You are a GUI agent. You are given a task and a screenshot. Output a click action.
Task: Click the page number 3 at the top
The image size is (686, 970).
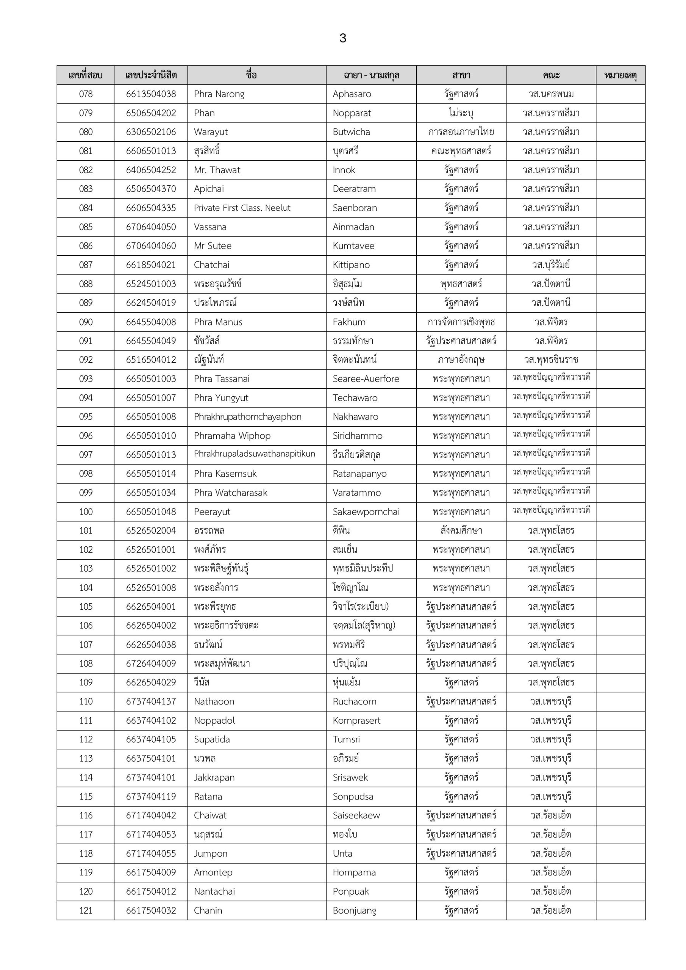pos(342,38)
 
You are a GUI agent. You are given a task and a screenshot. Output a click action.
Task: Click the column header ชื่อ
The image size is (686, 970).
pos(252,75)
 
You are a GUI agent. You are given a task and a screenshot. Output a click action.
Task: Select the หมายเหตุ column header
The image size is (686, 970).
pos(620,75)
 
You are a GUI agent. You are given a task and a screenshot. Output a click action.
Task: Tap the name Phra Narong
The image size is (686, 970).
pos(219,94)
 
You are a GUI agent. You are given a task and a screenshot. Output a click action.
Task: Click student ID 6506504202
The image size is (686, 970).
pos(151,113)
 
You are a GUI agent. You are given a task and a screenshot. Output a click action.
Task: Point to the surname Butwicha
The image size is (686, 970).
pos(351,132)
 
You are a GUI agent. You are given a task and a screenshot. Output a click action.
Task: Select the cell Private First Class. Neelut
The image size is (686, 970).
pos(242,208)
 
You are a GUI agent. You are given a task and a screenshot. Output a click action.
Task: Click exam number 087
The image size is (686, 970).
pos(86,265)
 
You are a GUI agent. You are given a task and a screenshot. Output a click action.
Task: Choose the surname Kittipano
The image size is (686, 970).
pos(351,265)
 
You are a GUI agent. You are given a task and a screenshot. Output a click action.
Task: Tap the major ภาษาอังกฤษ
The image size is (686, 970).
pos(461,360)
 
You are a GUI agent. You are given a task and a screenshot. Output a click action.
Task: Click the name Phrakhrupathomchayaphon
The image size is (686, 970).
pos(247,416)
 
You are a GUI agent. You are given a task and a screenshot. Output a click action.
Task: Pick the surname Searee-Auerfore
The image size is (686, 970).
pos(366,379)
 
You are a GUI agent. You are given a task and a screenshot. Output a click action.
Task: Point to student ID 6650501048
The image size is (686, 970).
pos(151,512)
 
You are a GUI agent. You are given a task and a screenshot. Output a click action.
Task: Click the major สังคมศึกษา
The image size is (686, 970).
pos(461,530)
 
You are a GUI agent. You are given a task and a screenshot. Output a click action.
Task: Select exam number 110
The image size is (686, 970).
pos(86,701)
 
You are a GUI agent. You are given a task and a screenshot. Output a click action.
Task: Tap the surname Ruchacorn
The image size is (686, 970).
pos(355,701)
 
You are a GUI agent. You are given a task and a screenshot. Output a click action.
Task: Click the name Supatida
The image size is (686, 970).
pos(212,739)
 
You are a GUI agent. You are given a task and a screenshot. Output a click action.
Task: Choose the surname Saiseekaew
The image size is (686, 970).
pos(356,815)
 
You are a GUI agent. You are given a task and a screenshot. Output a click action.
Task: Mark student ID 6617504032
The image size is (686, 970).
pos(151,911)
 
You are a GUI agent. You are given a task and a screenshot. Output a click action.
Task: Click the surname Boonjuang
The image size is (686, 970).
pos(354,911)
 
